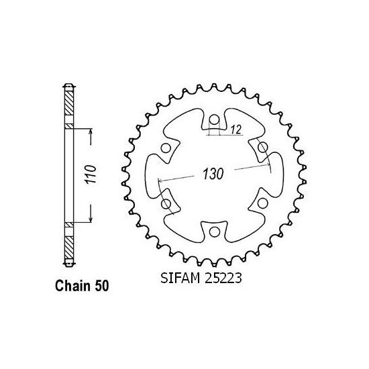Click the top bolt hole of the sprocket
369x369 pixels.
(214, 120)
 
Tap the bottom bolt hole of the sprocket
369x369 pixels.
(214, 232)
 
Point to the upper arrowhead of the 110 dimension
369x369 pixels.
(89, 132)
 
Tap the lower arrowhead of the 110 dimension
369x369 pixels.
(89, 221)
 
